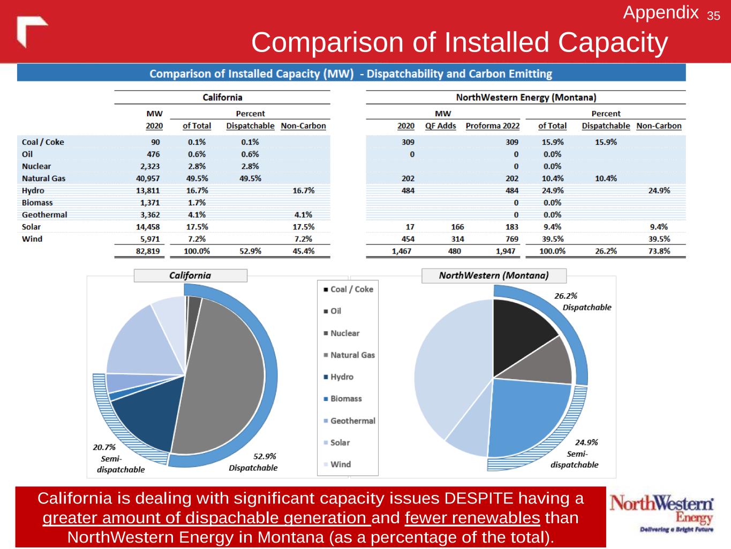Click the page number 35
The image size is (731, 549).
tap(713, 16)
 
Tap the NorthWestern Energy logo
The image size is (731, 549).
tap(661, 514)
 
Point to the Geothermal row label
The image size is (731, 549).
tap(44, 215)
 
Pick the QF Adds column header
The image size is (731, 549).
tap(440, 126)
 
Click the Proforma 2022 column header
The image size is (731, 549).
tap(492, 126)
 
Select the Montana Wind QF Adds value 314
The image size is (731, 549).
tap(457, 239)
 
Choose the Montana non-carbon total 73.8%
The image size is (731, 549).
tap(659, 251)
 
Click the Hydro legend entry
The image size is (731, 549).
tap(341, 377)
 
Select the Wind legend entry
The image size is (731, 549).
tap(340, 464)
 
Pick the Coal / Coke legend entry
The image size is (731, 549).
tap(351, 290)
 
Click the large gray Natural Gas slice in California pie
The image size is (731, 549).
tap(225, 375)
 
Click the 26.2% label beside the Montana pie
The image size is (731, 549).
tap(566, 296)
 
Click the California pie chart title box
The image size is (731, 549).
tap(190, 276)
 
